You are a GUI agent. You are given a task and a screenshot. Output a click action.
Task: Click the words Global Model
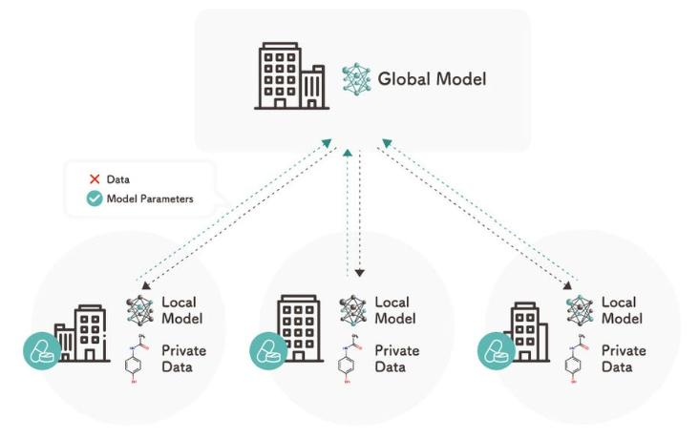click(x=431, y=78)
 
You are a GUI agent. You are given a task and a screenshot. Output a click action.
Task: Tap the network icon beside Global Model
click(x=356, y=78)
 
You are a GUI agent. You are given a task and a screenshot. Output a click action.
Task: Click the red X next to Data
click(x=95, y=178)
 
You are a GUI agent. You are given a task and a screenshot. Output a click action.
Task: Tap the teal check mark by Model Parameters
click(x=95, y=199)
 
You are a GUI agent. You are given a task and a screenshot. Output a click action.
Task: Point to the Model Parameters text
click(x=152, y=199)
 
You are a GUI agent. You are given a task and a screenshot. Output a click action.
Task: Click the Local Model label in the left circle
click(x=181, y=309)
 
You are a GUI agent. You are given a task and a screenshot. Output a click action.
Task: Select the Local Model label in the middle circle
click(x=393, y=309)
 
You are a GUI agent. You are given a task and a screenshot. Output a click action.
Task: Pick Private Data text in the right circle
click(x=623, y=358)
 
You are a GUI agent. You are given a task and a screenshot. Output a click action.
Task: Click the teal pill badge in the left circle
click(x=42, y=352)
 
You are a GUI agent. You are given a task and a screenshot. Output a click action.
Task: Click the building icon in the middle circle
click(x=302, y=328)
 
